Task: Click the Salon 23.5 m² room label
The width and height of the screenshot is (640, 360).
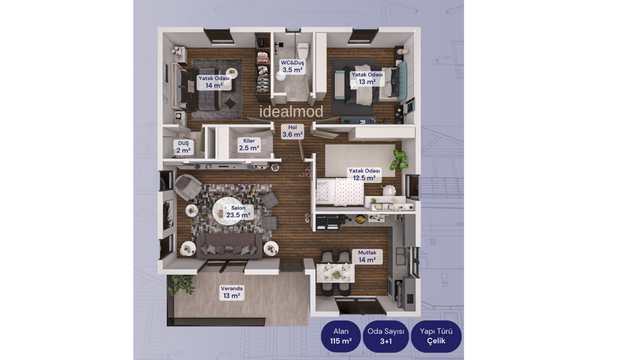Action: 238,212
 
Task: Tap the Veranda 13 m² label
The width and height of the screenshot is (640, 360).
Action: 232,292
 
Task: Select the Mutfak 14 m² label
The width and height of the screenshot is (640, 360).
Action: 367,256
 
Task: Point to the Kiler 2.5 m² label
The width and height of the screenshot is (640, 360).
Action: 249,144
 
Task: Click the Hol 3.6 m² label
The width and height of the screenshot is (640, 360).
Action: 292,131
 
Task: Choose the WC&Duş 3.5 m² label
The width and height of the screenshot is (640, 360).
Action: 292,66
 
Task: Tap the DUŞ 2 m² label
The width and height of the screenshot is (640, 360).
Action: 184,147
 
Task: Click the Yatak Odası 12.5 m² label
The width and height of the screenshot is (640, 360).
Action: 364,174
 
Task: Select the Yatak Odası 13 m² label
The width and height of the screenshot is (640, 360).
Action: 367,78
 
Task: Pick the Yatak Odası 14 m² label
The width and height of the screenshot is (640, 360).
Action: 214,82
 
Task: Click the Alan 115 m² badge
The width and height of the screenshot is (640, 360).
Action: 341,336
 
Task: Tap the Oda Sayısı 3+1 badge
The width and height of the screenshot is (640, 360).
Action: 386,336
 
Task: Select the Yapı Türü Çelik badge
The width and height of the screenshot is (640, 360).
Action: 436,336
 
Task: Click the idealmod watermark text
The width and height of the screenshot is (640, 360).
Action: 291,112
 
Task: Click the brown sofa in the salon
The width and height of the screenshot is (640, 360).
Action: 230,246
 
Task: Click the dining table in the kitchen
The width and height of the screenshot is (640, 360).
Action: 336,273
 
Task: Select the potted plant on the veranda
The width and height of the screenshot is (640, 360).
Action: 181,284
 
